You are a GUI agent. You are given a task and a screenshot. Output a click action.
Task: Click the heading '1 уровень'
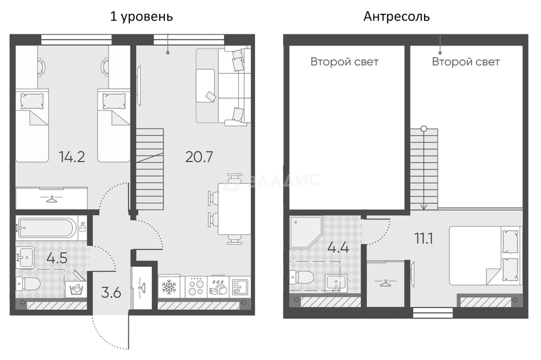pos(142,17)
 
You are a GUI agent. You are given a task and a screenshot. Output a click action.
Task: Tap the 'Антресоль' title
pos(396,17)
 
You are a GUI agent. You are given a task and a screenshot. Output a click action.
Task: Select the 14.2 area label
pos(72,157)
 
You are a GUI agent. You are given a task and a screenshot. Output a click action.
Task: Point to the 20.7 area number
pos(199,157)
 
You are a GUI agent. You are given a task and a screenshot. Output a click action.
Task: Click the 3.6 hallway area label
pos(111,293)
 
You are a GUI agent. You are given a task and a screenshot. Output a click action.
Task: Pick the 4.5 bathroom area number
pos(57,258)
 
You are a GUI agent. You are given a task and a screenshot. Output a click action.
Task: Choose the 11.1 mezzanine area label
pos(424,238)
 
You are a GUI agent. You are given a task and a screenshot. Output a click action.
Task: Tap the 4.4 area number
pos(338,248)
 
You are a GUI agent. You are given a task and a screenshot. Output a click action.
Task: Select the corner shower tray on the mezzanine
pos(305,232)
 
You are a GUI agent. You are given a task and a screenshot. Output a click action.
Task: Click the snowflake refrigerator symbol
pos(169,287)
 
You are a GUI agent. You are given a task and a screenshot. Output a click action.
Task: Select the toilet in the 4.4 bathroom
pos(302,277)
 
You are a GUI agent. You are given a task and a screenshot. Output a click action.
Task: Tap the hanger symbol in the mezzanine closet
pos(385,282)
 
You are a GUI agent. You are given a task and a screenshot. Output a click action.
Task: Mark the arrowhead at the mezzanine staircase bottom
pos(424,207)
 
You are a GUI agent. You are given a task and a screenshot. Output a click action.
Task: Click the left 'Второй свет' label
pos(344,62)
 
